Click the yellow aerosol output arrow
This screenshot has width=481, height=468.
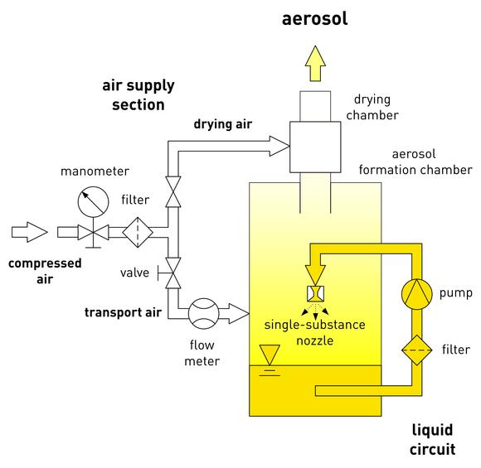pos(315,64)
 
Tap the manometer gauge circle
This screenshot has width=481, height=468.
pos(93,202)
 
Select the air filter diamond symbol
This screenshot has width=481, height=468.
pos(138,232)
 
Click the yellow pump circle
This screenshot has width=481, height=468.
pos(417,294)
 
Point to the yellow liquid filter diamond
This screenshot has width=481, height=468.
pos(417,350)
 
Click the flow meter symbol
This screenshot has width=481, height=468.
pos(204,314)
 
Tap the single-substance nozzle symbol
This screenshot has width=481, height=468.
pos(315,294)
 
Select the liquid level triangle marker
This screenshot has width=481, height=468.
pos(270,355)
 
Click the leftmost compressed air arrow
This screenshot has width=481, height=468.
pos(30,232)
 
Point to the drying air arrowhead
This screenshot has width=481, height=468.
pos(279,146)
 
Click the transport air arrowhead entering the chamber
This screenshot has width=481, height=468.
pos(239,314)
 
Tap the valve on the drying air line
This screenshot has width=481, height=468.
pos(173,191)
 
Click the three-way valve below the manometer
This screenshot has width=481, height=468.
pos(93,233)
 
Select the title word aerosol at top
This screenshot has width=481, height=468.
pos(315,18)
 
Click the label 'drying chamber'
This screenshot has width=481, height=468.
pos(372,108)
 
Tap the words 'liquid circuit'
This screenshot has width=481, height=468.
pos(433,440)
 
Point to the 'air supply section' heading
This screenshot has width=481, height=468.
pos(138,95)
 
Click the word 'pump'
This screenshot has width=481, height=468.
pos(455,293)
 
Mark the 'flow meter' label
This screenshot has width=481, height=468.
pos(202,353)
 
